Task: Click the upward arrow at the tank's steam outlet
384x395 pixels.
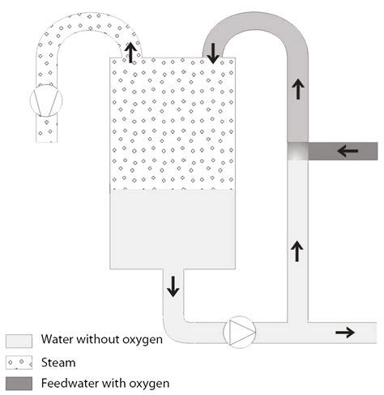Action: coord(130,53)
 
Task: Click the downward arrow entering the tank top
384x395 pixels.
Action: coord(212,54)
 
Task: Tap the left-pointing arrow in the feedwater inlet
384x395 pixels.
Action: coord(348,151)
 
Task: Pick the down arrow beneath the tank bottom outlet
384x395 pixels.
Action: coord(173,286)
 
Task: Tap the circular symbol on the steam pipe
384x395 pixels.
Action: coord(45,101)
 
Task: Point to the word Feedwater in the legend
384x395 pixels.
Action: coord(70,383)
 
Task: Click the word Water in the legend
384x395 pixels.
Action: coord(58,340)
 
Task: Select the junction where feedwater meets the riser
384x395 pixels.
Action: coord(299,151)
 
